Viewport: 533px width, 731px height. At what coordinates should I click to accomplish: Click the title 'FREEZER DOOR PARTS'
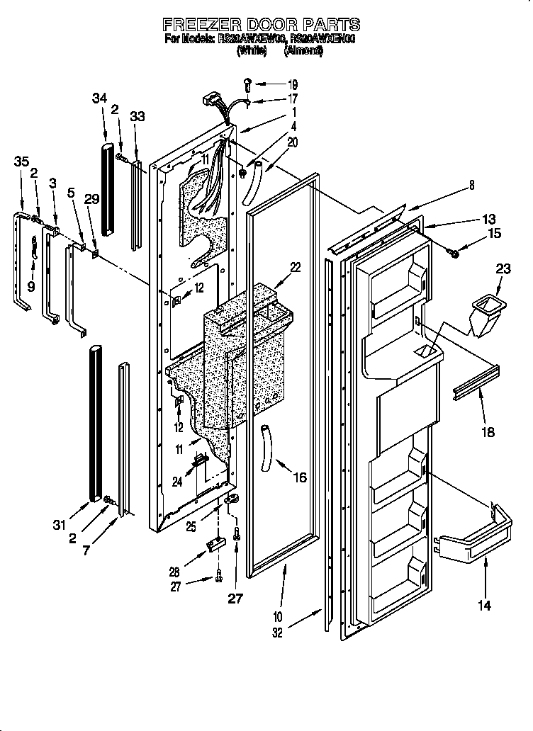(x=262, y=25)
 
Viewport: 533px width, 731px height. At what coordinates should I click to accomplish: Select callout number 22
(x=296, y=267)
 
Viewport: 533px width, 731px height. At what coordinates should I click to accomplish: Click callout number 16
(x=300, y=477)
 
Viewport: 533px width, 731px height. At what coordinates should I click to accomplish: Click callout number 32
(x=277, y=633)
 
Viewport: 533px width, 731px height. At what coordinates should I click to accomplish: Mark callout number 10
(x=277, y=616)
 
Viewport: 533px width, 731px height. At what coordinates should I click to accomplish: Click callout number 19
(x=293, y=84)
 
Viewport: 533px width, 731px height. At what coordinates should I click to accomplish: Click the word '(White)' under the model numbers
(x=252, y=51)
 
